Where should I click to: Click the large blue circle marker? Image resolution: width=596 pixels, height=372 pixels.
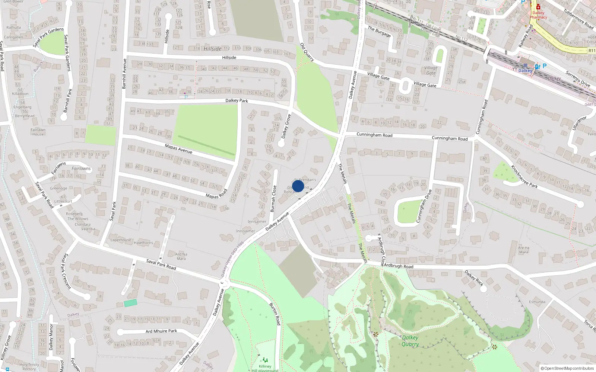click(298, 186)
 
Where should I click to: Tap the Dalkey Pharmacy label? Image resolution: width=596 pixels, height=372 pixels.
click(538, 15)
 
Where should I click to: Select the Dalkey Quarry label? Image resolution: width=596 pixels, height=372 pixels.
click(410, 341)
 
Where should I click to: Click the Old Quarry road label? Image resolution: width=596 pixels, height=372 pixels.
click(307, 52)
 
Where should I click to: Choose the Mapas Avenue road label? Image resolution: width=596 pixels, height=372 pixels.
click(178, 149)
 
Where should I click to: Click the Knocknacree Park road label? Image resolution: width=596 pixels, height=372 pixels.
click(524, 176)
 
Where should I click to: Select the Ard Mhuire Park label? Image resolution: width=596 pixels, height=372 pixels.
click(161, 331)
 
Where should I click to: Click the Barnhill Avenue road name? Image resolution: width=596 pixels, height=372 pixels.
click(124, 73)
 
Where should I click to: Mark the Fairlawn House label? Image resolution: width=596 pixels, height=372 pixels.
click(38, 132)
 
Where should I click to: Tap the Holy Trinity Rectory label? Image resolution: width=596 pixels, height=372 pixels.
click(29, 367)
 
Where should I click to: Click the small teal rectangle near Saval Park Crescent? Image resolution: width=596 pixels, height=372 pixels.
click(130, 303)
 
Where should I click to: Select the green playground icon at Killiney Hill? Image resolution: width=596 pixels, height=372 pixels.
click(265, 360)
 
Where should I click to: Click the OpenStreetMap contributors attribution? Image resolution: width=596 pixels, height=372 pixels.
click(567, 368)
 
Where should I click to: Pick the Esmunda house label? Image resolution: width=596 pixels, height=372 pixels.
click(537, 302)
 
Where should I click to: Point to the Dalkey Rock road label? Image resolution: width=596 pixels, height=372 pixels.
click(474, 278)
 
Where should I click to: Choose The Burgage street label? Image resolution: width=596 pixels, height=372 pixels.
click(379, 32)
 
